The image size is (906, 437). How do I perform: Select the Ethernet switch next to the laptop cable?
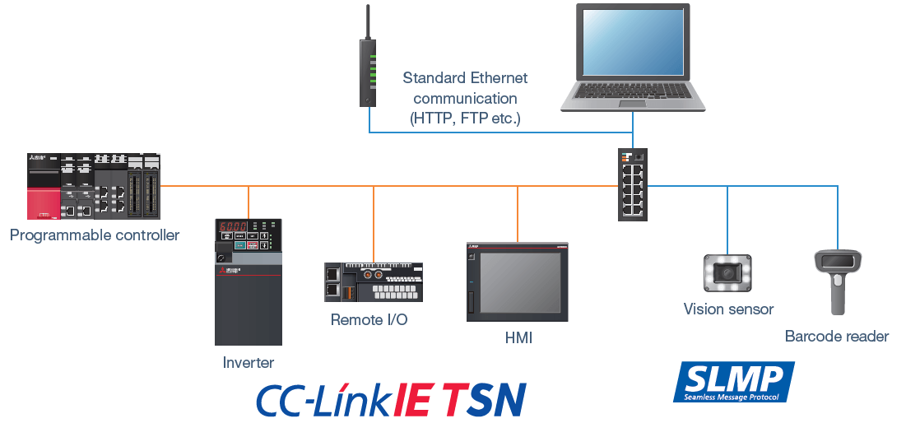pos(633,184)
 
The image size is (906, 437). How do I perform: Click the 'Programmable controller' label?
pos(95,235)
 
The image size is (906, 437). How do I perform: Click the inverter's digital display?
pos(232,228)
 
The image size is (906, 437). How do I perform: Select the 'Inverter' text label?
pos(249,363)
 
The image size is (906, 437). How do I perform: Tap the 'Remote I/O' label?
pos(369,319)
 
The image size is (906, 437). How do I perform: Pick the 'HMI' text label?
pos(518,338)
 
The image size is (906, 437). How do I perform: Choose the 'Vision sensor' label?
pos(728,309)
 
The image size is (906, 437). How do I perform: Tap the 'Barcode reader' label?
pos(836,337)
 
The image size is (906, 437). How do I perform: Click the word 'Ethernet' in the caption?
pos(499,78)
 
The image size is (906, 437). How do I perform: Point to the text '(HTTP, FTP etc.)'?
pos(465,118)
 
